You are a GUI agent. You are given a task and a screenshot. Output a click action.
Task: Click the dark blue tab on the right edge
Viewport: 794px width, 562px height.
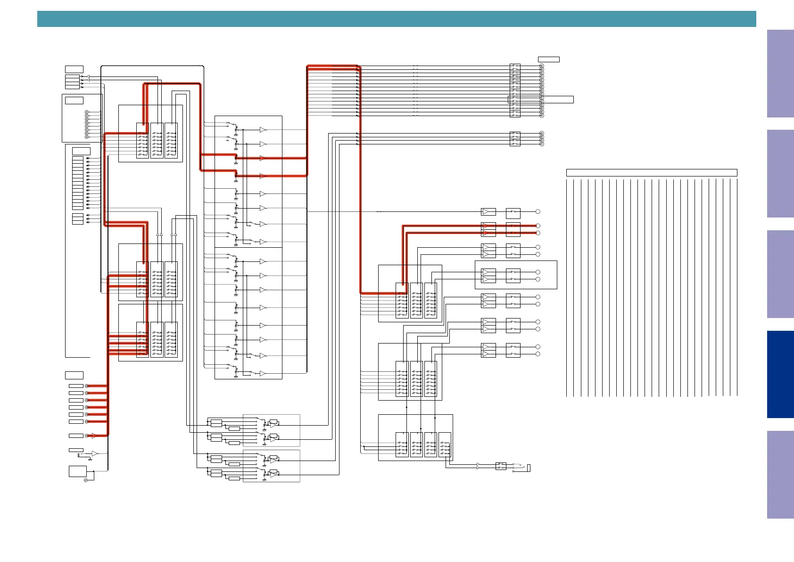780,374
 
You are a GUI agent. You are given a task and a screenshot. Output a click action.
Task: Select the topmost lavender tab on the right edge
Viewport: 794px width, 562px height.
780,74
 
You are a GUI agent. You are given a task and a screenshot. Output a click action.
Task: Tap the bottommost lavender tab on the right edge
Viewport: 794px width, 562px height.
780,474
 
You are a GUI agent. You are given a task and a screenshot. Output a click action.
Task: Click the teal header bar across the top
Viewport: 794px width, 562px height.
396,19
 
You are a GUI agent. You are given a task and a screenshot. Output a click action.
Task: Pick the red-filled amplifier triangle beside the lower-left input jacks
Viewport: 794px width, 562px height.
94,436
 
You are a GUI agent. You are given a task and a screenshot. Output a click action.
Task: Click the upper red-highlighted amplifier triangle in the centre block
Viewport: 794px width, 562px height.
263,158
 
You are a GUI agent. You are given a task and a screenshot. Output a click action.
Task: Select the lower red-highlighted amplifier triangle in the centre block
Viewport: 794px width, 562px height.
263,176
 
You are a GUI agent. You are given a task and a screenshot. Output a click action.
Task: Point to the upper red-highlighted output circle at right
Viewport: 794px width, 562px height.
538,226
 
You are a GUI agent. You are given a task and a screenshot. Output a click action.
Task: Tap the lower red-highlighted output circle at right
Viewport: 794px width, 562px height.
538,233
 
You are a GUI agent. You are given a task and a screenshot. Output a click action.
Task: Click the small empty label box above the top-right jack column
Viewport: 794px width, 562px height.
548,59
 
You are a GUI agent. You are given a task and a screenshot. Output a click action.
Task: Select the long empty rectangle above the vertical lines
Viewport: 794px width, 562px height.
651,173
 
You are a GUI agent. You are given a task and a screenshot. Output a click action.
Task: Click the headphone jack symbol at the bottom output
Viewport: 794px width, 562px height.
528,468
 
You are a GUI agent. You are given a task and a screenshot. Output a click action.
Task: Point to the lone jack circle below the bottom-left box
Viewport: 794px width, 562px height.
86,480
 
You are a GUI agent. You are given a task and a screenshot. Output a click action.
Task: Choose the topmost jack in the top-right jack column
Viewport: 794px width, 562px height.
542,66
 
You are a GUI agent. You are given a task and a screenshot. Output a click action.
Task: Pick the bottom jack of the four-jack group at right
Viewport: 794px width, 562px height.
542,144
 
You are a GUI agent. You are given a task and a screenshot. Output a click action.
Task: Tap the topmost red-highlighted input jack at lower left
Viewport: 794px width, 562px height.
86,386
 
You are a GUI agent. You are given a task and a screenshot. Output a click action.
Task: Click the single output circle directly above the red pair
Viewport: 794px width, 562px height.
538,212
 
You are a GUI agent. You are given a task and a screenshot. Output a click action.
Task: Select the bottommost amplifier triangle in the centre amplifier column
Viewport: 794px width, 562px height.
263,374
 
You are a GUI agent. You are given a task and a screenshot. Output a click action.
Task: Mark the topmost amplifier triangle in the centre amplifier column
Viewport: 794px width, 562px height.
263,130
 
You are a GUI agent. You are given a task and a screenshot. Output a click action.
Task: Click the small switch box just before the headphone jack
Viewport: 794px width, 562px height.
501,466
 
